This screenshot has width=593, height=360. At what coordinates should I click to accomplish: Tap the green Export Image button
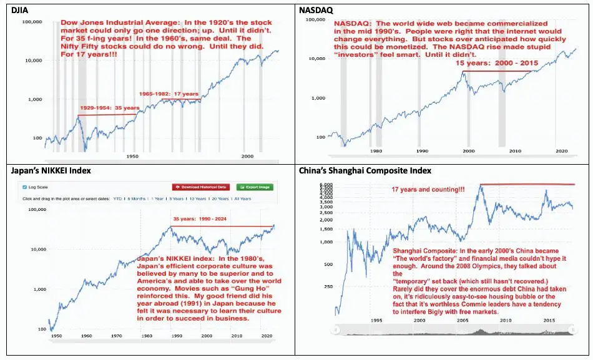click(254, 187)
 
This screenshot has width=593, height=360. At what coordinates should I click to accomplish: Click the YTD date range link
click(117, 198)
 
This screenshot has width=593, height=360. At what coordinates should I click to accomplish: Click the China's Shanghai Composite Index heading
click(366, 170)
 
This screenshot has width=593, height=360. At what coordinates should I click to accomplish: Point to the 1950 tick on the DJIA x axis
click(132, 156)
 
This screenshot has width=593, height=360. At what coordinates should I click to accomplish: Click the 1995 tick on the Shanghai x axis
click(376, 321)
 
